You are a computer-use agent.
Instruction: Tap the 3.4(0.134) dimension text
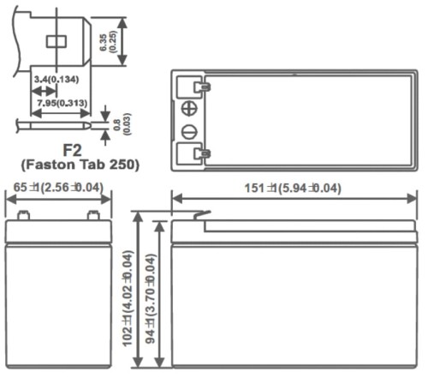(x=55, y=81)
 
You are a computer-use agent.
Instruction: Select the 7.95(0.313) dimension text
(x=60, y=104)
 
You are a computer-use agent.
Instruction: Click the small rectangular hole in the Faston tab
(x=57, y=40)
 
